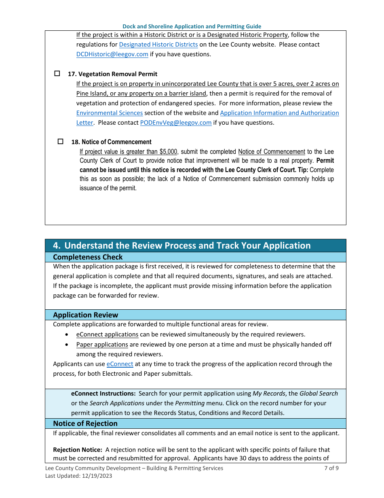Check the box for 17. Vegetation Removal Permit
coord(57,74)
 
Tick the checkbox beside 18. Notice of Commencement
coord(61,142)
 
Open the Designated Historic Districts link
coord(158,45)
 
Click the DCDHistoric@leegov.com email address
coord(112,54)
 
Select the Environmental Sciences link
coord(110,113)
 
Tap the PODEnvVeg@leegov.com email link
coord(176,123)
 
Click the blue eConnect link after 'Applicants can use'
coord(120,364)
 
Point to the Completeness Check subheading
coord(88,257)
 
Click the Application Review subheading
coord(86,315)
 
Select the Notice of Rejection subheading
coord(85,424)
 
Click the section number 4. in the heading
coord(57,246)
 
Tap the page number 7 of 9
coord(331,468)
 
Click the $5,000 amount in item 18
coord(168,152)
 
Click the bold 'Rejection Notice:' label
coord(78,450)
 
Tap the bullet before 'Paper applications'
coord(67,345)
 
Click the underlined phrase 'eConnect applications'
coord(108,334)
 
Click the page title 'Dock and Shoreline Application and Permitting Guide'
coord(192,26)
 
